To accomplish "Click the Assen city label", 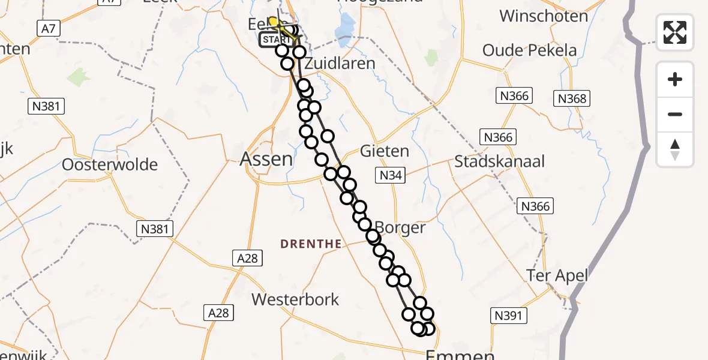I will (266, 159).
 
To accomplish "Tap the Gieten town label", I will (385, 151).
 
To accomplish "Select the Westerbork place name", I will (295, 299).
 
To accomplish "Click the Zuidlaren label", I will (340, 64).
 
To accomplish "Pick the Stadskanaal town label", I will (499, 161).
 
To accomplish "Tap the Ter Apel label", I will (557, 276).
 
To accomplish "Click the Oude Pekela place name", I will (530, 50).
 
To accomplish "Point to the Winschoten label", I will (544, 16).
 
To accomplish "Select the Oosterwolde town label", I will (110, 164).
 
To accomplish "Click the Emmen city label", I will (460, 355).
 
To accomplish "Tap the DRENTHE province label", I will (311, 244).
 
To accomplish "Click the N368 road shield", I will (572, 98).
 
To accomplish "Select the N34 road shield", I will (390, 176).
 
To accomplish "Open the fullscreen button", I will (675, 32).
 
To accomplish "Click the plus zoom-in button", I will (675, 79).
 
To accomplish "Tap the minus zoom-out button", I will (675, 114).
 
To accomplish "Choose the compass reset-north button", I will (675, 149).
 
